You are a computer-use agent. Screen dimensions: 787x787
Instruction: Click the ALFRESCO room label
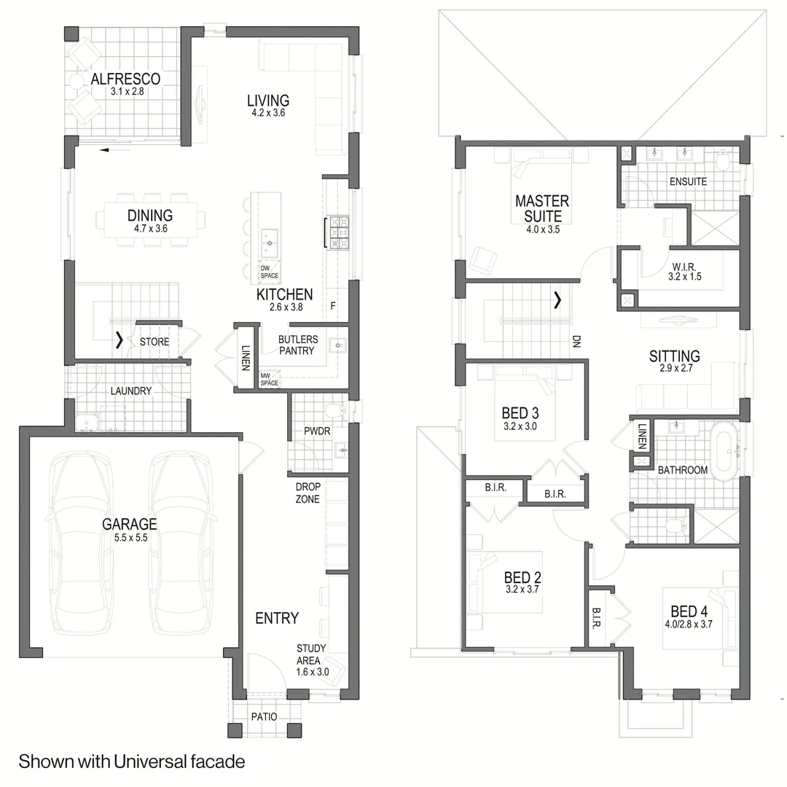click(x=125, y=79)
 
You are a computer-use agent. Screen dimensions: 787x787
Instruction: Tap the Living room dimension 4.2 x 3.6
click(x=268, y=113)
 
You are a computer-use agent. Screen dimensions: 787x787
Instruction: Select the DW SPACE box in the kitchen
click(x=270, y=272)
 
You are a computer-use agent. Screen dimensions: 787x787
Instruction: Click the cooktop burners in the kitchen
click(x=338, y=232)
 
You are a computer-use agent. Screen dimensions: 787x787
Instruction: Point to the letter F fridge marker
click(x=333, y=305)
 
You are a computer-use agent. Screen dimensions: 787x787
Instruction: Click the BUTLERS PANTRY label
click(x=297, y=345)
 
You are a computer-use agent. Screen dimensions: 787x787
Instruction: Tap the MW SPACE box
click(x=270, y=379)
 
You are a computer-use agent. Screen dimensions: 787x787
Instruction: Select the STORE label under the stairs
click(x=154, y=342)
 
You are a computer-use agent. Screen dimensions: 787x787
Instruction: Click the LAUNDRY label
click(x=131, y=391)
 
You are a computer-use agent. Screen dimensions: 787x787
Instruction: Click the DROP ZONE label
click(x=308, y=493)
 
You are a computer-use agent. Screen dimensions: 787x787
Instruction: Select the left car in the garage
click(x=80, y=542)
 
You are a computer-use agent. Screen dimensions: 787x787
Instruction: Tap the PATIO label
click(x=264, y=717)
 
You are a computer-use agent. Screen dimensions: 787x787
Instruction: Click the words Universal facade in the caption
click(x=179, y=761)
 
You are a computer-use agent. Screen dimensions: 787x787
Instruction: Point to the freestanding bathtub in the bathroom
click(x=726, y=451)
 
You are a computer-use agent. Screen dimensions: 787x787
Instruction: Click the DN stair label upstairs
click(x=576, y=342)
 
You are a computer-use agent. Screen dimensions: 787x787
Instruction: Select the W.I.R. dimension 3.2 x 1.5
click(x=684, y=277)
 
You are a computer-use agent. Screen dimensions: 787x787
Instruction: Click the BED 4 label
click(x=689, y=611)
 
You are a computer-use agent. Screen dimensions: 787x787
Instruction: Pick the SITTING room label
click(x=675, y=356)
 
